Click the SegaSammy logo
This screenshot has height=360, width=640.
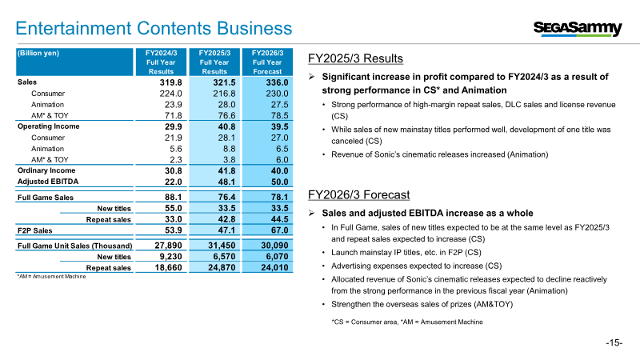(x=578, y=28)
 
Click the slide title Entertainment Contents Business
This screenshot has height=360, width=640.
(x=154, y=29)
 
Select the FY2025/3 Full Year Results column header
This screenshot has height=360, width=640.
(x=214, y=62)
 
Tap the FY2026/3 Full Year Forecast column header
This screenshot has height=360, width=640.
(x=267, y=62)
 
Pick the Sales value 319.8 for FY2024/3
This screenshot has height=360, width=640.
(x=170, y=82)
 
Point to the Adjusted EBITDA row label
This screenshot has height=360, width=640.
(x=48, y=182)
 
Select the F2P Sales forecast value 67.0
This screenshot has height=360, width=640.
(x=279, y=230)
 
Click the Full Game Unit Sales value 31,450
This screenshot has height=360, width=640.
(x=222, y=246)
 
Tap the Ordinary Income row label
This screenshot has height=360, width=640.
(x=46, y=170)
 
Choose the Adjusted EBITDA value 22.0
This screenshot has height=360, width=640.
(x=174, y=182)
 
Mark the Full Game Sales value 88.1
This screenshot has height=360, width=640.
(x=174, y=197)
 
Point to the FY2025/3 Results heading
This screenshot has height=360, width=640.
(x=355, y=58)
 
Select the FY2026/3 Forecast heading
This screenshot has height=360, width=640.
(x=358, y=194)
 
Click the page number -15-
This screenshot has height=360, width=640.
(x=614, y=343)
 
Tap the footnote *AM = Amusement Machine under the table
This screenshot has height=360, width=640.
(x=51, y=276)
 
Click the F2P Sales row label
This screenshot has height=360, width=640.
(x=34, y=230)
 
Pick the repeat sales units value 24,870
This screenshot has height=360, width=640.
(x=222, y=268)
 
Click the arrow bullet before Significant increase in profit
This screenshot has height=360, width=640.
(x=311, y=77)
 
